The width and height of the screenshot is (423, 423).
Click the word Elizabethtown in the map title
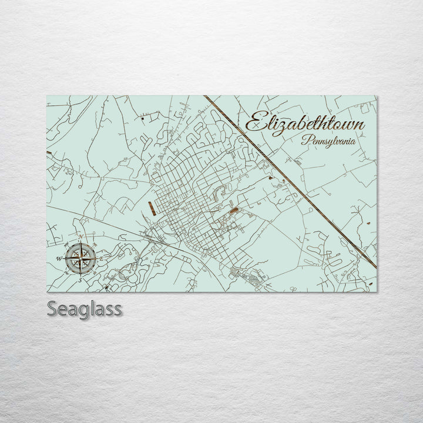304,125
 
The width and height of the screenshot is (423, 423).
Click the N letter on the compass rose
80,237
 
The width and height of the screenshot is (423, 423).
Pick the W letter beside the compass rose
59,258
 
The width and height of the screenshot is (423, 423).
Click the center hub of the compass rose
79,258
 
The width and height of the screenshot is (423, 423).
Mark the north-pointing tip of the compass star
80,242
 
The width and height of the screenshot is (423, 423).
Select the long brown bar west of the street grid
151,208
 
